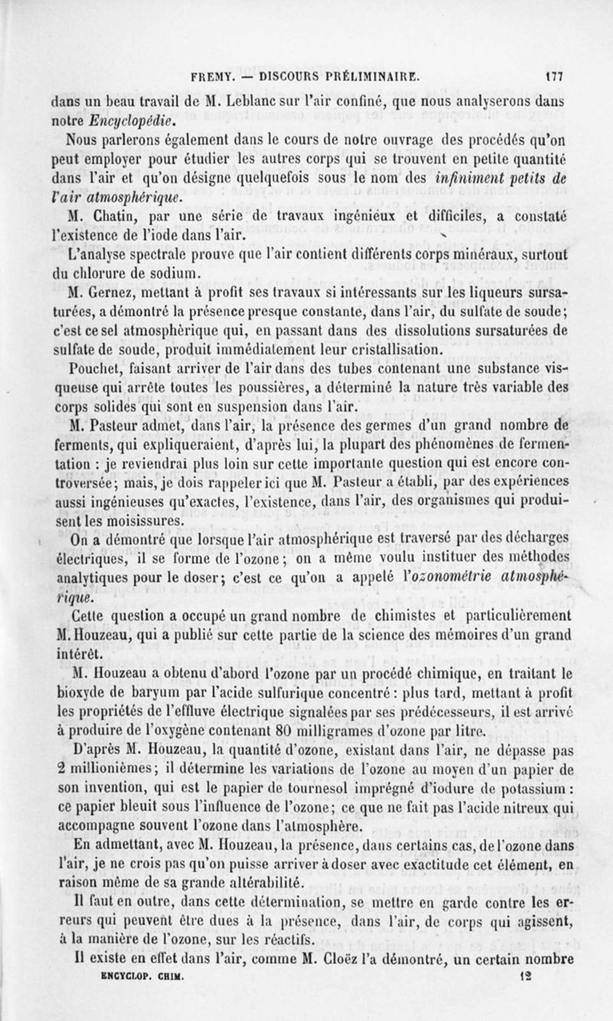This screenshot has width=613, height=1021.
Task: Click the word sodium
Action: point(179,270)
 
